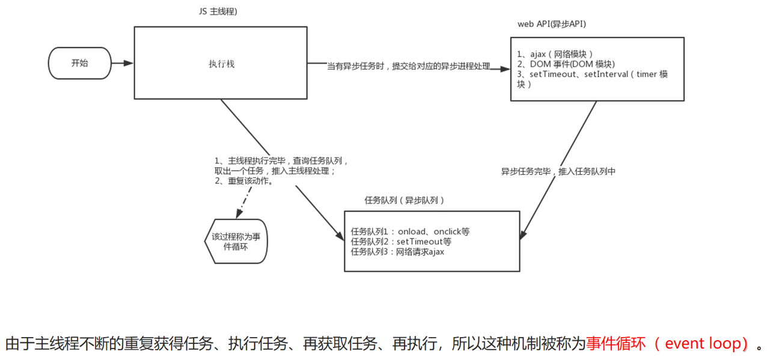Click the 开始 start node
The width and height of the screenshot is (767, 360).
(79, 63)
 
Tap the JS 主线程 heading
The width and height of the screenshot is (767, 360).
(218, 12)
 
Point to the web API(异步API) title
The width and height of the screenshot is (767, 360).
(551, 24)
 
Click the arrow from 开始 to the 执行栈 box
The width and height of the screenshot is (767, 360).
(123, 63)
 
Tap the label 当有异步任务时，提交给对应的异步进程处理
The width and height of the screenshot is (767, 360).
(408, 66)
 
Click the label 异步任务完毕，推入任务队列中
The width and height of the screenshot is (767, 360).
(558, 171)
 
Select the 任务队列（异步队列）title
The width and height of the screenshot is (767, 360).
(404, 200)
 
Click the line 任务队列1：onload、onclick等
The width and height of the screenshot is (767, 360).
(410, 231)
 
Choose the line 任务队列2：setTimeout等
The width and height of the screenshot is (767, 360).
(401, 241)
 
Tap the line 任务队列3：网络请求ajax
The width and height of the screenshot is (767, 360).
(397, 251)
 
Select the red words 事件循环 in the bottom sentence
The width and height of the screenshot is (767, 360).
(616, 344)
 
